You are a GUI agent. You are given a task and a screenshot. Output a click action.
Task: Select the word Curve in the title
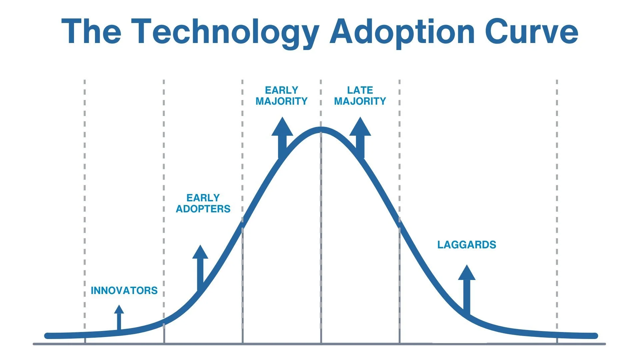pos(531,32)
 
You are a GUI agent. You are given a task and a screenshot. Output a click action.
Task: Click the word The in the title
pos(91,32)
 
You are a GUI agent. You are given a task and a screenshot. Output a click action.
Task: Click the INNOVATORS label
pos(124,291)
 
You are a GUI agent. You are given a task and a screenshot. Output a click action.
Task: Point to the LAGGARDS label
pos(467,245)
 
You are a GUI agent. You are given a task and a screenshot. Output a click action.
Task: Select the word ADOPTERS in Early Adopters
pos(203,209)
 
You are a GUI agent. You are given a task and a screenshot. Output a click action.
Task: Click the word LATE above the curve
pos(360,90)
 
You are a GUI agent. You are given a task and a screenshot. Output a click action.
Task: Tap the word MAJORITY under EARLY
pos(281,101)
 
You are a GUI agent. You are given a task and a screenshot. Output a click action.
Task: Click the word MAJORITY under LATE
pos(360,101)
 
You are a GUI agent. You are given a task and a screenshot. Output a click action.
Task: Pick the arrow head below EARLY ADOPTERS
pos(200,253)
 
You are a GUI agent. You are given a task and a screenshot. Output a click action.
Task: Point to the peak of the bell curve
pos(321,130)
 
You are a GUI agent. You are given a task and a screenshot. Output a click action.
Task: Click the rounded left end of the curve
pos(47,336)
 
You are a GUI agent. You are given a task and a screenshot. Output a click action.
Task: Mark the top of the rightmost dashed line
pos(557,81)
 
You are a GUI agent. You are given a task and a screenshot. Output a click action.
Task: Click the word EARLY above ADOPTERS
pos(203,198)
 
